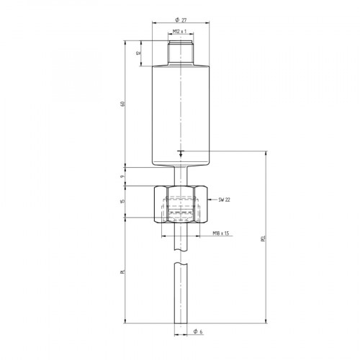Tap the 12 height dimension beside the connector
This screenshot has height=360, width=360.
tap(138, 53)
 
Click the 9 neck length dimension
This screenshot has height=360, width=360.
tap(123, 176)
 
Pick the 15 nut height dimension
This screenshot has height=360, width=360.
tap(123, 202)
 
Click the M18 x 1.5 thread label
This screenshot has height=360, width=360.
tap(222, 233)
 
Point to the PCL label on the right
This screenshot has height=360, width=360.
tap(263, 238)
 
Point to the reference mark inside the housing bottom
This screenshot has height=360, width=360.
tap(180, 153)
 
